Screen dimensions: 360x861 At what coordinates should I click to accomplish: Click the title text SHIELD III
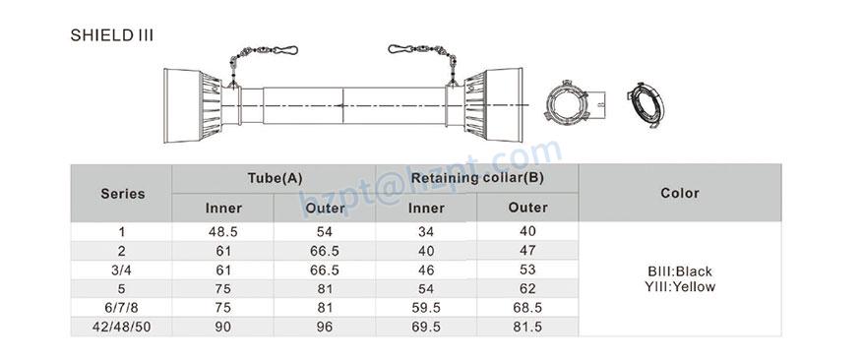(111, 34)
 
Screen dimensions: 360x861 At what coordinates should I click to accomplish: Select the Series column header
(122, 193)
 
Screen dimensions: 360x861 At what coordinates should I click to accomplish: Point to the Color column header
(680, 193)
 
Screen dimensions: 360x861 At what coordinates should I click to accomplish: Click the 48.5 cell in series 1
(223, 232)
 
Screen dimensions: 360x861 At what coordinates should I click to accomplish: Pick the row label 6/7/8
(122, 306)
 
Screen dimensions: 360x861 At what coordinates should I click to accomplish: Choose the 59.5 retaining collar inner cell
(426, 306)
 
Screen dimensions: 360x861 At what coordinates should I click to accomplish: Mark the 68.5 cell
(527, 306)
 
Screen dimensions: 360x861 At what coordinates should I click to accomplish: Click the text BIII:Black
(680, 270)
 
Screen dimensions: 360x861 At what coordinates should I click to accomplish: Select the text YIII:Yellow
(680, 286)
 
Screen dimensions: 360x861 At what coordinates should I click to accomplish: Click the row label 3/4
(122, 269)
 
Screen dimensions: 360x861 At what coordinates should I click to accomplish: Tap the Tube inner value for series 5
(223, 287)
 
